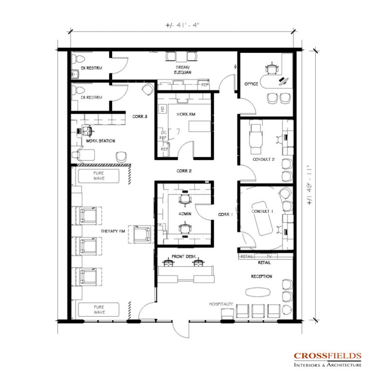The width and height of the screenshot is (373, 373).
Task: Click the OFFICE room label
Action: pos(251,85)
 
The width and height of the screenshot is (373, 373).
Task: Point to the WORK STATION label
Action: pos(101,141)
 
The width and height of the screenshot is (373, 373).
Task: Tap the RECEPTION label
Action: pos(261,276)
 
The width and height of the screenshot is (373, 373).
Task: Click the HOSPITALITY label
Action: pos(221,304)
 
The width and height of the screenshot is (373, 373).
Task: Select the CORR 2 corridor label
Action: pos(184,171)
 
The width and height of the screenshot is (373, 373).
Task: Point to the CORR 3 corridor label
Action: pos(139,117)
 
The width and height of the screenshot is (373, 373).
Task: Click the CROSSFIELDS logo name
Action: pos(326,356)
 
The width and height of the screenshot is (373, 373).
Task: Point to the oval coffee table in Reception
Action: pos(260,292)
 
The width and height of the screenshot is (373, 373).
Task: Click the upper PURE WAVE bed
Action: pos(99,175)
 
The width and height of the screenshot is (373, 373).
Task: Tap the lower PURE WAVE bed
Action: pos(99,309)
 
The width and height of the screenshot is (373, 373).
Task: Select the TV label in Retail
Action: pos(269,255)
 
